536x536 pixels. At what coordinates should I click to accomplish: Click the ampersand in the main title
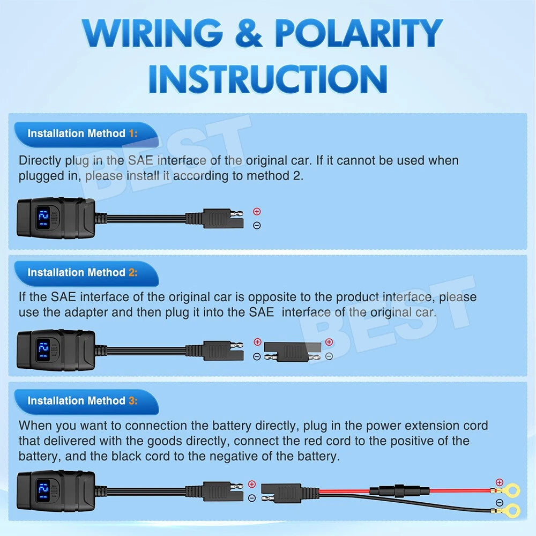pos(249,33)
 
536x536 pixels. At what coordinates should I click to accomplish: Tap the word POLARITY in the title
pos(359,33)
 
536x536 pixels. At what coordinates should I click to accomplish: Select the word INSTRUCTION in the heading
pos(268,79)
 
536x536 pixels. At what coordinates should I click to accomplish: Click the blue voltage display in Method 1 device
pos(43,218)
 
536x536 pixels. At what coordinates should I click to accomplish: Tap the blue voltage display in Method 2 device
pos(43,351)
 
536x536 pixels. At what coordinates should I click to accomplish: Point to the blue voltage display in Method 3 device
pos(43,491)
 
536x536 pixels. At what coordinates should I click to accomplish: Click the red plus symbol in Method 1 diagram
pos(257,212)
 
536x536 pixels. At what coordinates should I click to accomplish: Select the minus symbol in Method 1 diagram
pos(257,225)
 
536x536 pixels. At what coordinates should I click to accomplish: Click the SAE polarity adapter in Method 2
pos(292,352)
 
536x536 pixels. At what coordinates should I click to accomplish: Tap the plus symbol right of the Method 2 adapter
pos(329,342)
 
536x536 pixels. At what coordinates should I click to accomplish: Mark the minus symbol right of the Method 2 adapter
pos(329,356)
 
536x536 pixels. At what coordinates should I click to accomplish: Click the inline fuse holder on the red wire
pos(400,491)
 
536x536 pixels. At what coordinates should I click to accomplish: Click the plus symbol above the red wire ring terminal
pos(500,482)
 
